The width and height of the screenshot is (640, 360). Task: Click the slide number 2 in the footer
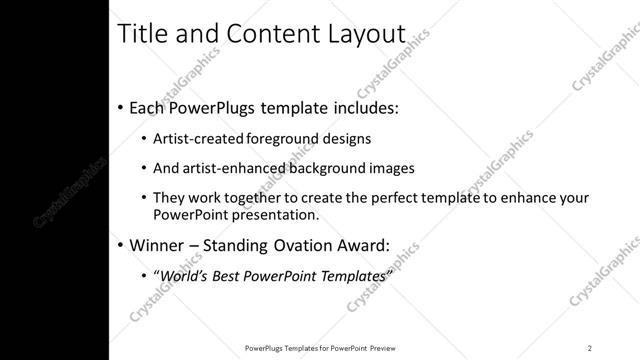(590, 347)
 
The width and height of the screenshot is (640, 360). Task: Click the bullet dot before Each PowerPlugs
(121, 107)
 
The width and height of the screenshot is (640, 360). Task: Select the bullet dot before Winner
(121, 245)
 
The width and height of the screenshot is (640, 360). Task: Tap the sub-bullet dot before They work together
(144, 198)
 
